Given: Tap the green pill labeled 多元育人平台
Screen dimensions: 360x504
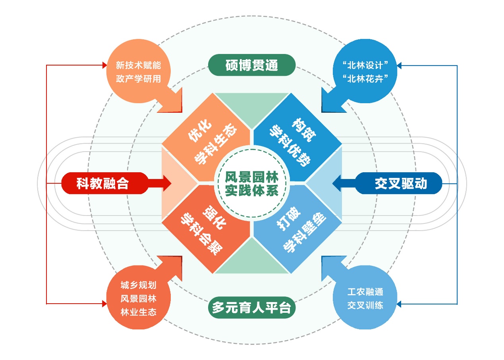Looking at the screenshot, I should click(252, 308).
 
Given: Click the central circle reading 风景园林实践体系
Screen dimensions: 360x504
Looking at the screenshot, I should click(252, 183).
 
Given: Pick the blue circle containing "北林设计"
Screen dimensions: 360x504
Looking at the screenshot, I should click(365, 72).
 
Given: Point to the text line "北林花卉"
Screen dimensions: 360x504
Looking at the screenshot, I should click(365, 79).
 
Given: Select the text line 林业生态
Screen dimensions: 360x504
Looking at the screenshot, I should click(138, 312).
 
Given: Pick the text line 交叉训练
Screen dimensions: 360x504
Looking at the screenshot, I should click(365, 305).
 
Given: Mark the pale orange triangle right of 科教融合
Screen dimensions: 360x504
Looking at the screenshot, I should click(175, 183).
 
